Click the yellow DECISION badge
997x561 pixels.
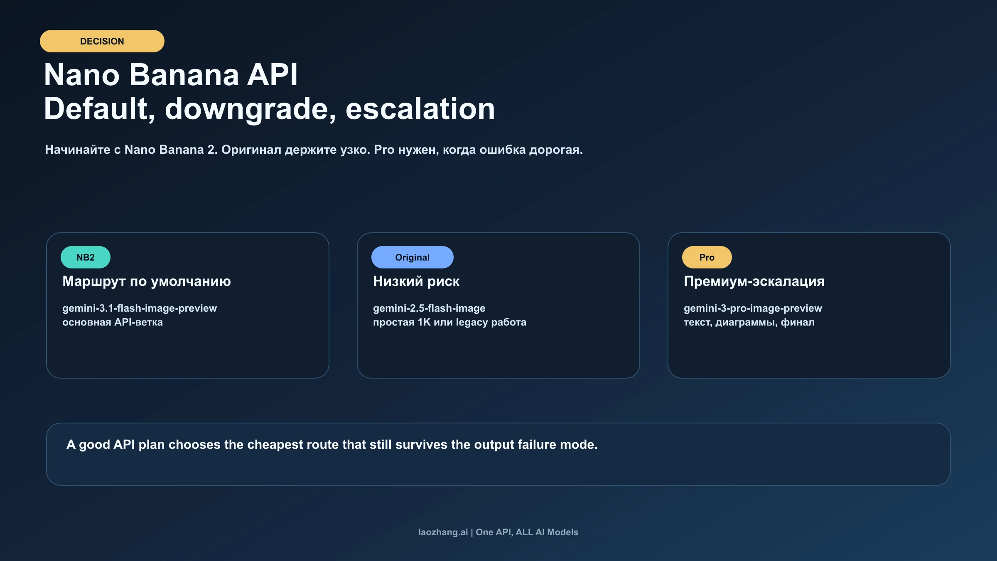point(102,41)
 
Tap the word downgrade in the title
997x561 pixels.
point(250,109)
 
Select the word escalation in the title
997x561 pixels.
point(420,109)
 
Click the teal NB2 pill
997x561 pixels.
point(85,257)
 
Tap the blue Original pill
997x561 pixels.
point(412,257)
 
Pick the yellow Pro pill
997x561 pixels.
point(706,257)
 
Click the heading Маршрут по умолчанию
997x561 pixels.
point(146,281)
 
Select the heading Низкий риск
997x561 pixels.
point(416,281)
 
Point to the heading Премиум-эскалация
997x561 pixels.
point(754,281)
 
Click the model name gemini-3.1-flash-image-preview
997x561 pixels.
point(140,308)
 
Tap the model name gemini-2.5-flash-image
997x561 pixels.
point(429,308)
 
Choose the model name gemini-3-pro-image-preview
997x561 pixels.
point(752,308)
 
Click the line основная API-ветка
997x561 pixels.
point(112,322)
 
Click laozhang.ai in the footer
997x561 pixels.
point(442,532)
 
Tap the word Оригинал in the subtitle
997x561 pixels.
point(251,150)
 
